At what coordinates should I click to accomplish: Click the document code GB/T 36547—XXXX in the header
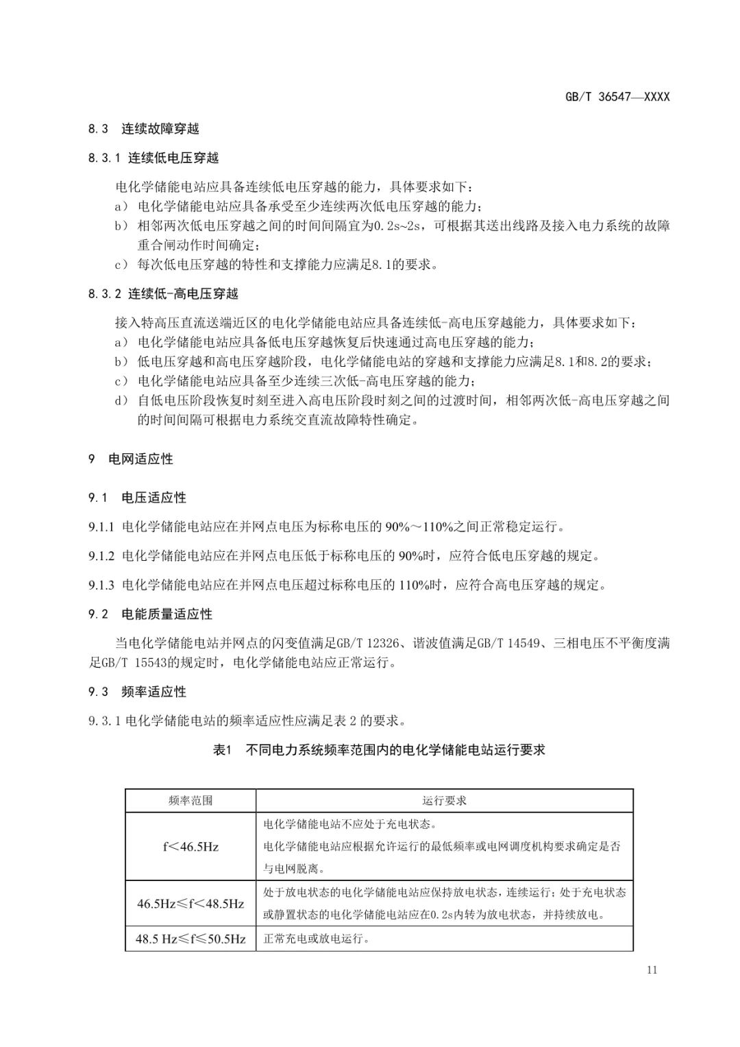617,97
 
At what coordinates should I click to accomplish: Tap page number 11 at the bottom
651,970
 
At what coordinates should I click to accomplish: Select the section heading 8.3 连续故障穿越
143,128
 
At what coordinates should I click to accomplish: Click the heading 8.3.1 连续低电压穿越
153,158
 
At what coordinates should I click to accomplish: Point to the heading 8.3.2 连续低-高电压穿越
163,293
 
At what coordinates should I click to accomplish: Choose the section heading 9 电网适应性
130,459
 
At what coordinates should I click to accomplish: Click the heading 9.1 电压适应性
137,497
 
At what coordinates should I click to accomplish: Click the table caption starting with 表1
379,749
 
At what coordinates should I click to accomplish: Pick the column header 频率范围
190,800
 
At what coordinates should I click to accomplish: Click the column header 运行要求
444,800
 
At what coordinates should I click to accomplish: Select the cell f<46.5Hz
190,847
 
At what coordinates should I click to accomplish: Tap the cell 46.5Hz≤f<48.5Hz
190,904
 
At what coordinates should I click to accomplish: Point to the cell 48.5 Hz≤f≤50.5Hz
190,939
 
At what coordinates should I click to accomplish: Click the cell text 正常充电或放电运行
317,939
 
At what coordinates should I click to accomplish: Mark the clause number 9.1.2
102,556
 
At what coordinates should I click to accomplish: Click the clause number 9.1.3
102,585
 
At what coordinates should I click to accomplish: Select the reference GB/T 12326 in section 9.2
365,643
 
